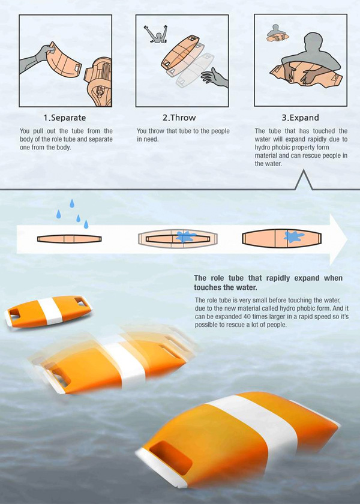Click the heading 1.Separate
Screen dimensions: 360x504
[65, 118]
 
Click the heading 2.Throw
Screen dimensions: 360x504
[179, 118]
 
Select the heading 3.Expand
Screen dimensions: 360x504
[300, 118]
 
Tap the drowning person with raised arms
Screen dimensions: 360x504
[156, 35]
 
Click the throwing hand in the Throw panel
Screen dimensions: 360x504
[215, 78]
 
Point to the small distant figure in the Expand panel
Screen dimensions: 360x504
[277, 33]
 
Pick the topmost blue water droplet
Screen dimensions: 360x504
[71, 203]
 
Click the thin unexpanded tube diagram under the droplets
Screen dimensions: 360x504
[69, 239]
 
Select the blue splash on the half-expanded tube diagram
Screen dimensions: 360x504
[185, 236]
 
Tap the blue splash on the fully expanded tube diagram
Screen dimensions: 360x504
[293, 236]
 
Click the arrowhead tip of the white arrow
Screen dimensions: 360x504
[347, 239]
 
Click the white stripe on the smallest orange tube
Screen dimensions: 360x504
[50, 311]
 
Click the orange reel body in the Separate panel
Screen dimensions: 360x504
[98, 82]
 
